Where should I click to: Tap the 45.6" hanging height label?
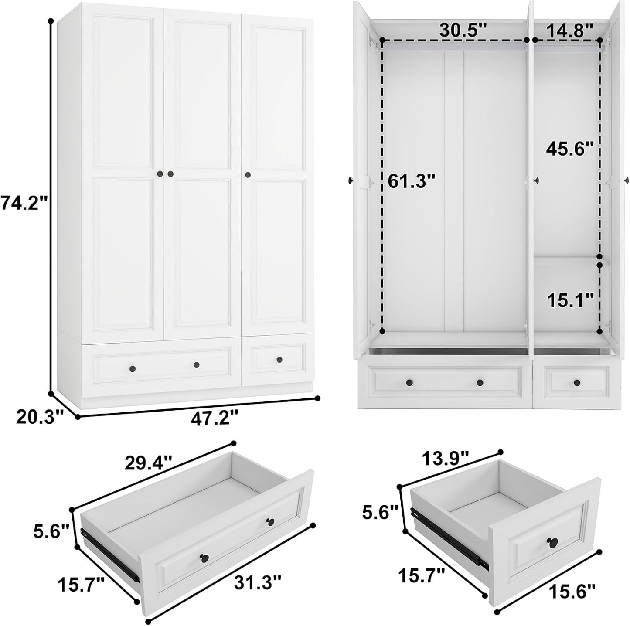pos(570,149)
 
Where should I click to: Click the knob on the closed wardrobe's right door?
pos(248,175)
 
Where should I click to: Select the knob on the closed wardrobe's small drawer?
pos(279,360)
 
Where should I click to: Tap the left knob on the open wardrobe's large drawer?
pos(409,382)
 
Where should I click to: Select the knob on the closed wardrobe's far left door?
pos(160,174)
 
